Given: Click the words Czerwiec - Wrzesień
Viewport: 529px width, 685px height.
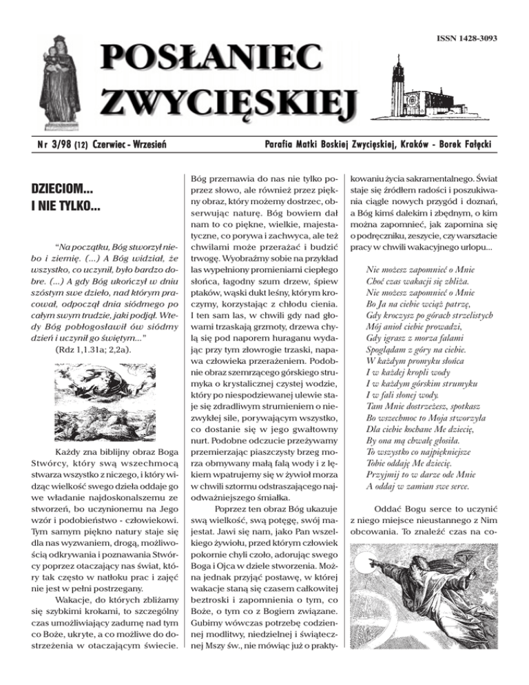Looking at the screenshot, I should [x=130, y=144].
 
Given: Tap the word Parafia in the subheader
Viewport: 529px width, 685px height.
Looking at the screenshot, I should [x=278, y=144].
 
